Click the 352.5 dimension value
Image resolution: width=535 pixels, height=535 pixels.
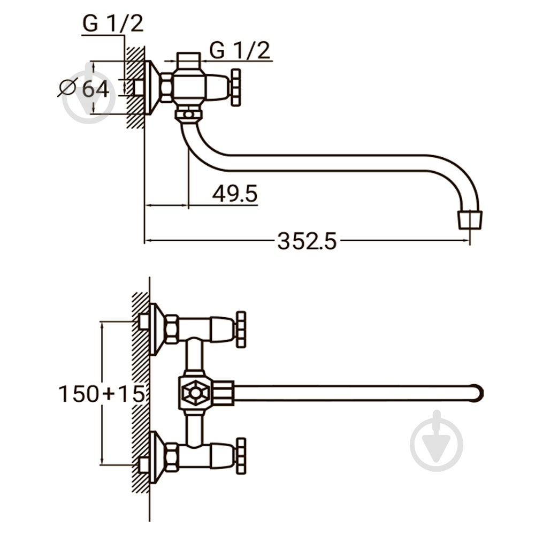[x=307, y=241]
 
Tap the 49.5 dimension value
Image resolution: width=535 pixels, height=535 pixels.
[x=235, y=194]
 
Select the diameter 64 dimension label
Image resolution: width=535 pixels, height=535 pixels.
[x=84, y=88]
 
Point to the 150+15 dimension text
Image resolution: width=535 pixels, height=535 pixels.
[x=102, y=394]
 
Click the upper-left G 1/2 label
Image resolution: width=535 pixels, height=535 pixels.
[x=113, y=24]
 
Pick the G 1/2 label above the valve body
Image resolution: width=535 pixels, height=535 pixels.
[x=240, y=50]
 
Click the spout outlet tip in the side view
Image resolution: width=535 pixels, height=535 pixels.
[x=470, y=220]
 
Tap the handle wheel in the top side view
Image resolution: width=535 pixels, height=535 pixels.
[x=236, y=87]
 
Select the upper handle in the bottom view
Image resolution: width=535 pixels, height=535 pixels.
[x=241, y=330]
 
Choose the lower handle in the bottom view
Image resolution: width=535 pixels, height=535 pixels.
[x=241, y=456]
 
